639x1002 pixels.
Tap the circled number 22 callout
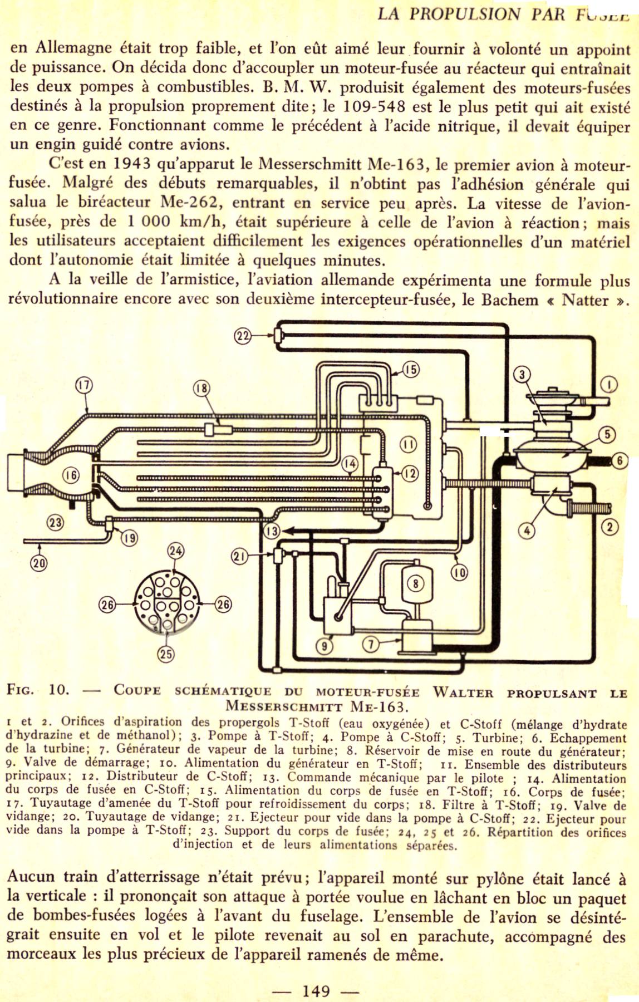coord(242,335)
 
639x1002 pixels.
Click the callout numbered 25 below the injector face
coord(166,654)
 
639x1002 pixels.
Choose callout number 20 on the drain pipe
coord(39,563)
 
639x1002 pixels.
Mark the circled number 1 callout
coord(610,385)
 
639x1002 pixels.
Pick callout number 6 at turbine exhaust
coord(620,460)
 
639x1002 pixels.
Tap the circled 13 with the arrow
coord(272,531)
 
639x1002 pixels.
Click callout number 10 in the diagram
coord(459,572)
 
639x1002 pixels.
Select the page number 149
coord(316,991)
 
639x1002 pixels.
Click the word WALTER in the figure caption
coord(463,693)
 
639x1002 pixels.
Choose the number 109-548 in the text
coord(372,106)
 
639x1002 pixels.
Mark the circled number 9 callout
coord(325,646)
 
